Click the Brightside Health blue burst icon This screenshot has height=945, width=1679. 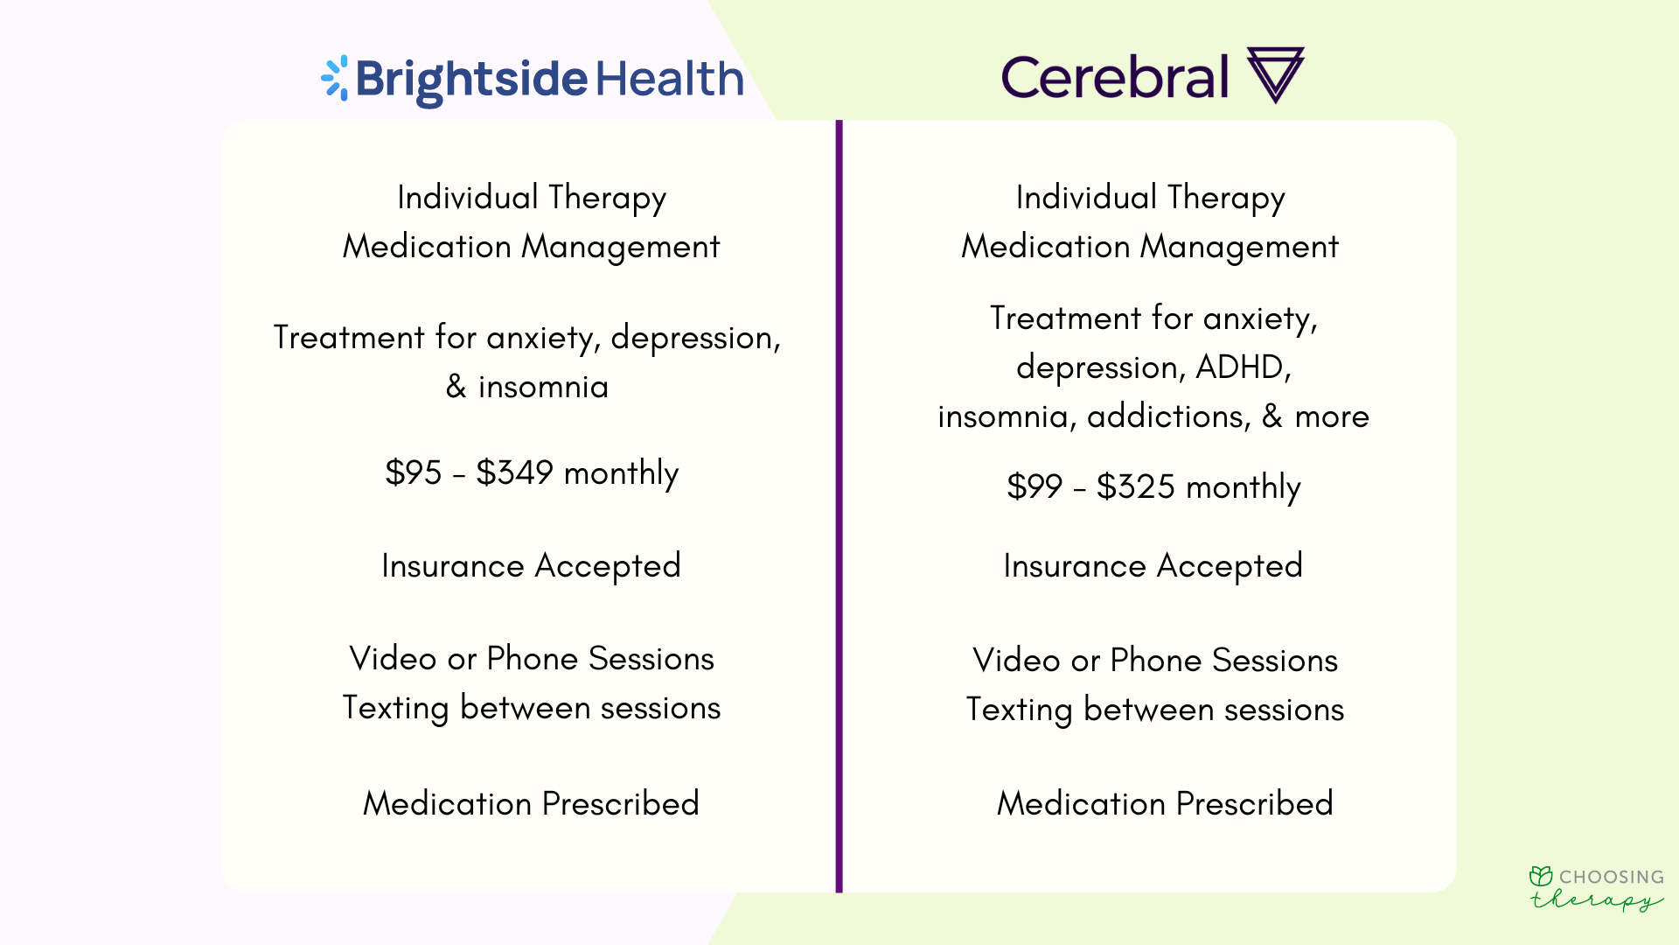(335, 78)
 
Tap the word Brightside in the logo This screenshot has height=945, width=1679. (471, 80)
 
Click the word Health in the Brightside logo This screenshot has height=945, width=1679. (670, 79)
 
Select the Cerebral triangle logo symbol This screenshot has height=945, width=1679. (1275, 73)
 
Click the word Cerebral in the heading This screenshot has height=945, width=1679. (1115, 77)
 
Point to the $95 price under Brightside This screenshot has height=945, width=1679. (414, 473)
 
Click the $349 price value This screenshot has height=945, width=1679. (514, 473)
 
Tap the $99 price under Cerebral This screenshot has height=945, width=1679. (1035, 487)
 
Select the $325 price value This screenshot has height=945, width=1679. (1135, 487)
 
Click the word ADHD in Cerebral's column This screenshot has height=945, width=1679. (1243, 367)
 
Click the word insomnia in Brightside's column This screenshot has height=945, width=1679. (543, 387)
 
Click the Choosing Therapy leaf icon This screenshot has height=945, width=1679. (1541, 876)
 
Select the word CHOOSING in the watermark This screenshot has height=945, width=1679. (1612, 877)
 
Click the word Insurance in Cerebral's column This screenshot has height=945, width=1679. (1074, 566)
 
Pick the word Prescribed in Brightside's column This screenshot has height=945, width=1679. (621, 804)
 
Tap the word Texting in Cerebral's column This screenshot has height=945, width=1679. (1019, 710)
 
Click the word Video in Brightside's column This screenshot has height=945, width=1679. (393, 659)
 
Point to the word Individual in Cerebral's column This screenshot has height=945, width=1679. (1086, 198)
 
